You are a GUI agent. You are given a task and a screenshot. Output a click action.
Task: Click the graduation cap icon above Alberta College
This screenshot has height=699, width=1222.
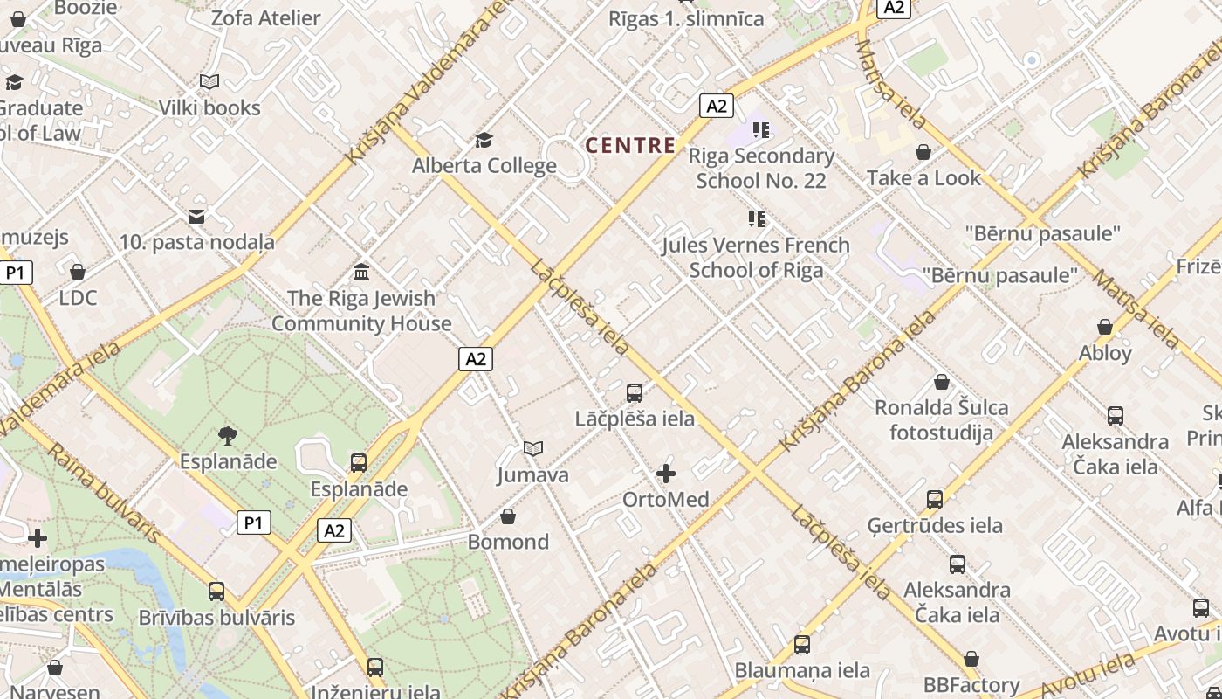(x=484, y=140)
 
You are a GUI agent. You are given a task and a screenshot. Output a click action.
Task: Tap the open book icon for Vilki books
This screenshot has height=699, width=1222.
(x=209, y=82)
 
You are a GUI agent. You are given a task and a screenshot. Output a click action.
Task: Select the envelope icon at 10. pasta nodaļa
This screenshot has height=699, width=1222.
(x=196, y=216)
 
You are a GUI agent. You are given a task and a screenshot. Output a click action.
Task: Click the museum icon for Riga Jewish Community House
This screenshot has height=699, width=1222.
(x=361, y=272)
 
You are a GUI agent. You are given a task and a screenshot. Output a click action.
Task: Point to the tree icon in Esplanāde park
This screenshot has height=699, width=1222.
(x=228, y=434)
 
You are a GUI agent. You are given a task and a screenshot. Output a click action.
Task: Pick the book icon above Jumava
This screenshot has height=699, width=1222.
(x=533, y=449)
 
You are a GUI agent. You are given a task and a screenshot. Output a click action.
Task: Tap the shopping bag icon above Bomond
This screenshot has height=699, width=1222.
(x=508, y=516)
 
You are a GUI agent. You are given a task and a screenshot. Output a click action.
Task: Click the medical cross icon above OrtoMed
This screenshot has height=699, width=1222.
(x=666, y=474)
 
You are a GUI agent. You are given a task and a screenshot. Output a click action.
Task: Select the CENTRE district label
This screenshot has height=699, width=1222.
(x=631, y=146)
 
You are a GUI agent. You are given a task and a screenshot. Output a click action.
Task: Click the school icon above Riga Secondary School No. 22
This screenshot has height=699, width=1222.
(x=761, y=130)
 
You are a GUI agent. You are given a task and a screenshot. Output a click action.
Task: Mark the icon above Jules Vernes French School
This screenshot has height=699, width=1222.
(x=756, y=219)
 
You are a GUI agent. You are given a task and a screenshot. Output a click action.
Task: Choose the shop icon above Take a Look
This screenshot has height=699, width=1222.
(x=923, y=153)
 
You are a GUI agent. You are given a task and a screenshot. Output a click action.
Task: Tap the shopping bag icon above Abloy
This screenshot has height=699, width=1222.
(x=1105, y=327)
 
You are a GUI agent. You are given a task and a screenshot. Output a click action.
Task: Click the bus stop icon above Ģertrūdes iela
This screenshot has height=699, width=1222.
(x=935, y=500)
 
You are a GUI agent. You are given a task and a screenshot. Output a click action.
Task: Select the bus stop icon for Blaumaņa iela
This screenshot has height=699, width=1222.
(x=802, y=645)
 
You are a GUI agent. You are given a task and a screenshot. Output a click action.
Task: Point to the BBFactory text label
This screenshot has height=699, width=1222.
(x=971, y=685)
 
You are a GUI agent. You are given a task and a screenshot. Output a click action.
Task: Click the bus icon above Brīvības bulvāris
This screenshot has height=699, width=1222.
(x=216, y=592)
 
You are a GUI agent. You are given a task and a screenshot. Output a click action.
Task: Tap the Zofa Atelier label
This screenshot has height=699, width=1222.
(x=266, y=17)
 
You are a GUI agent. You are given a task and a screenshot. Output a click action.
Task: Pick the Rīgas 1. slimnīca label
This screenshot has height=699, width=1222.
(x=686, y=18)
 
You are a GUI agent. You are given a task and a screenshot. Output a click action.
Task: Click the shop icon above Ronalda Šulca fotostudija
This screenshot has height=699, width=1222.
(x=942, y=382)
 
